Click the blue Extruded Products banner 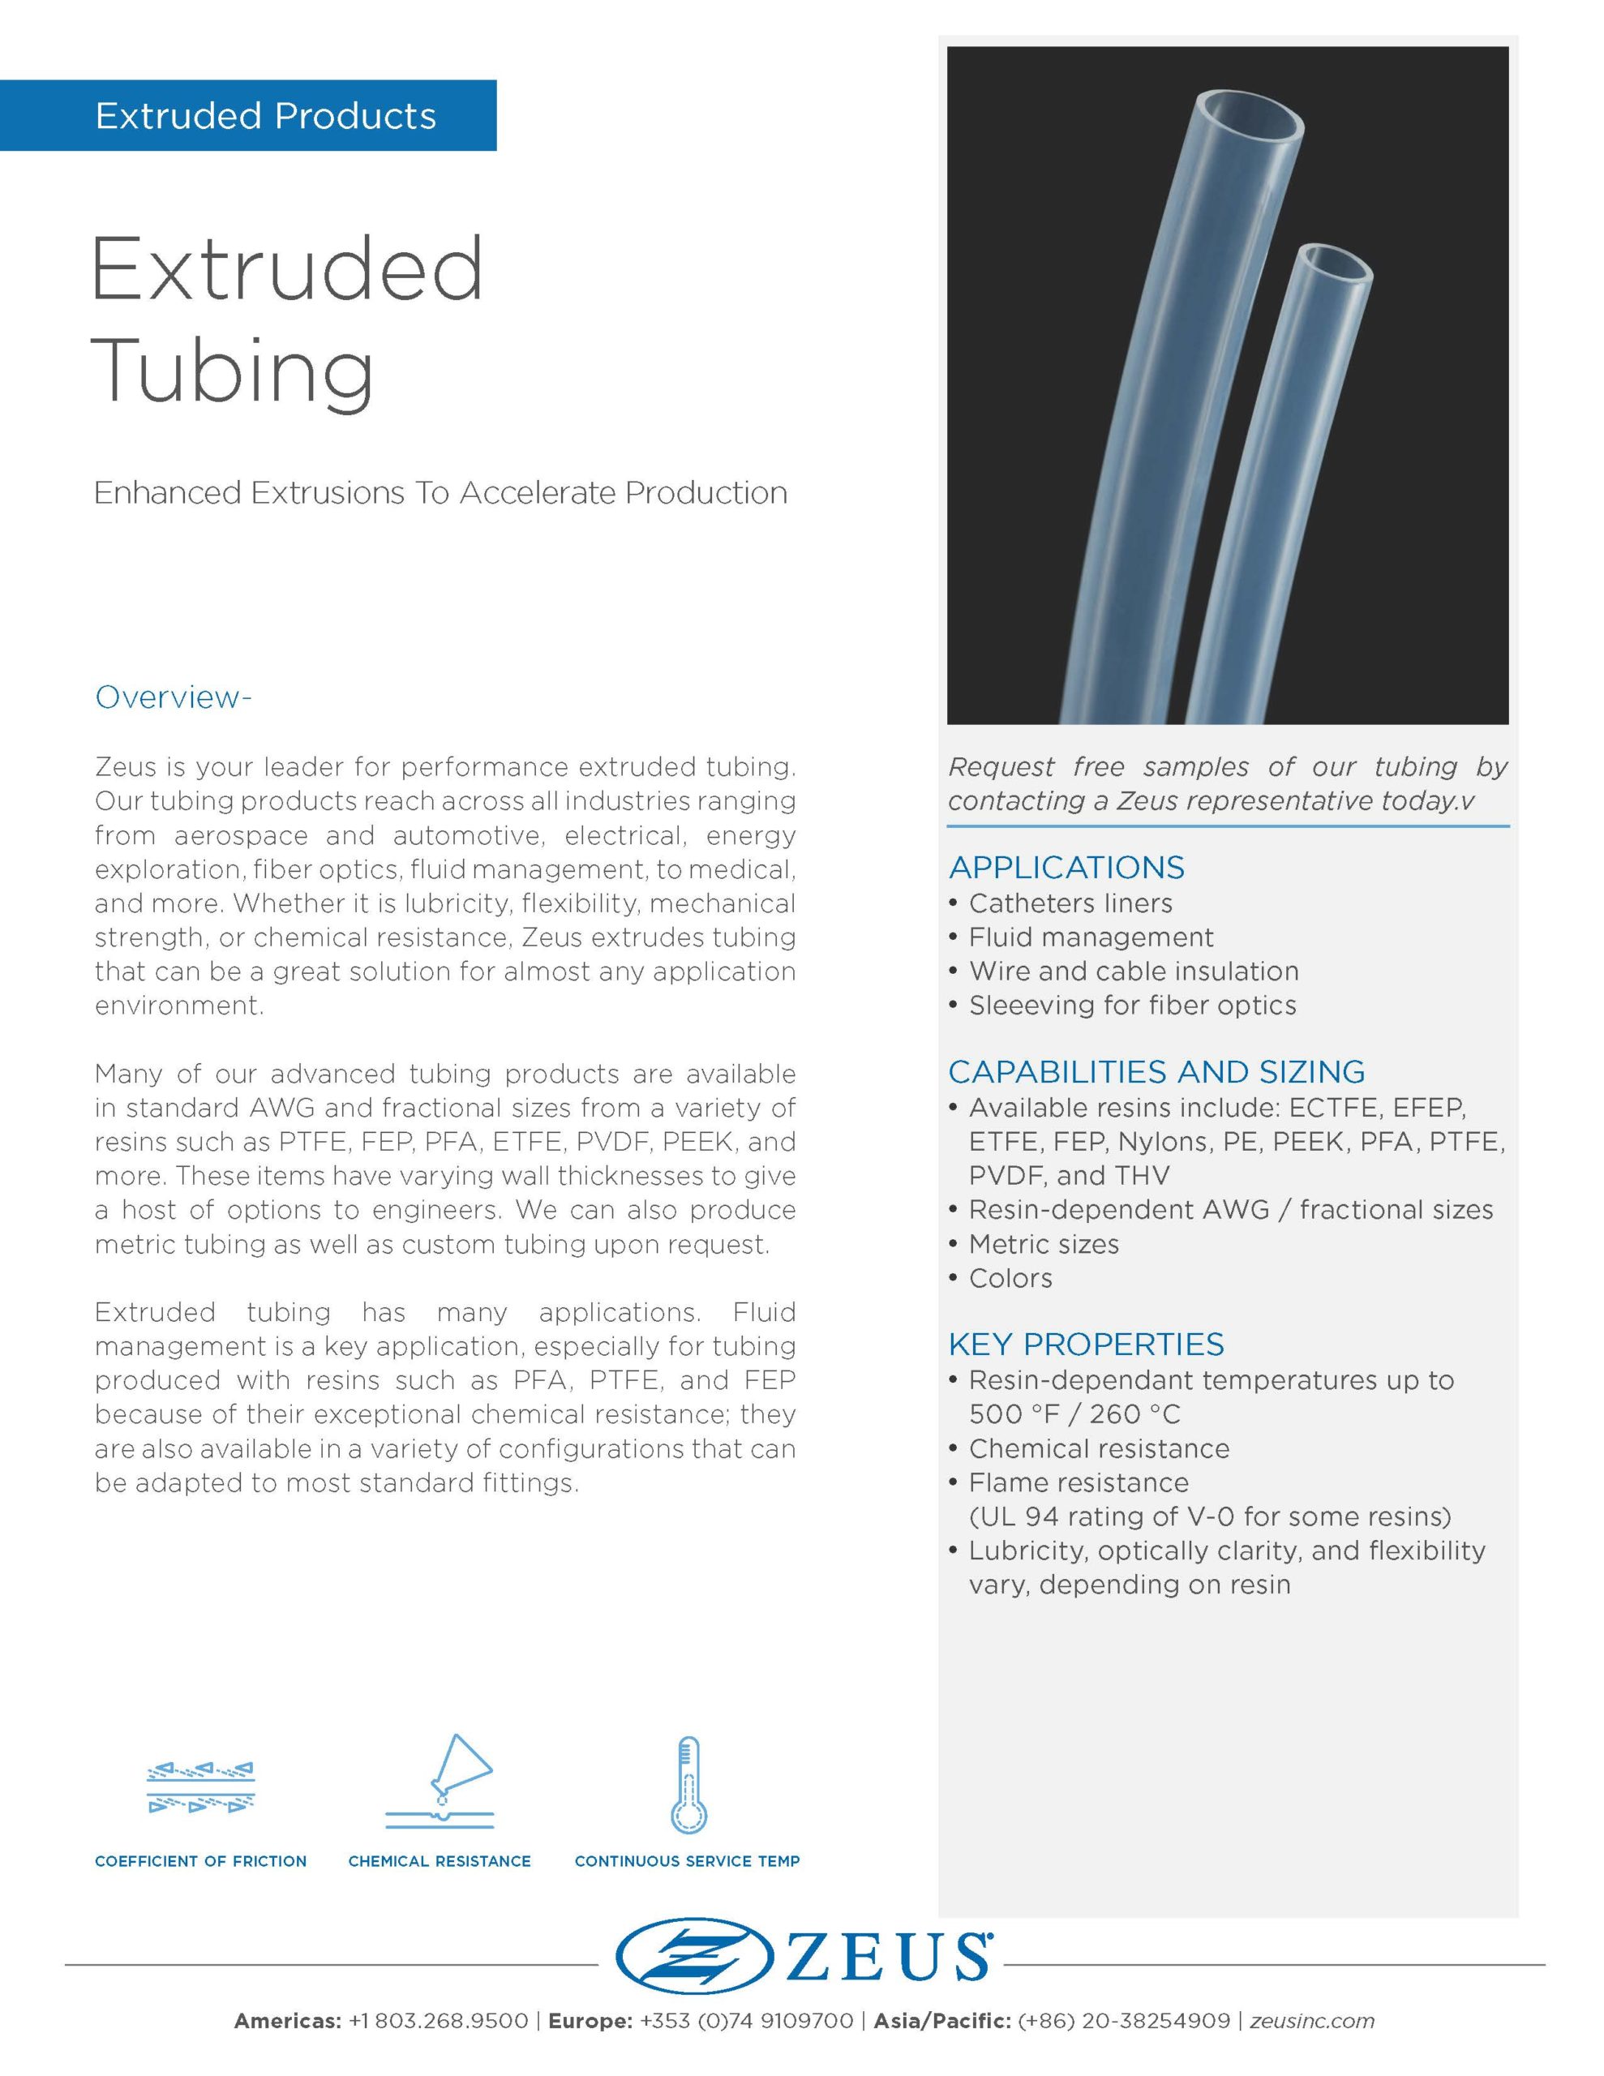(248, 115)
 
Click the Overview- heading (173, 697)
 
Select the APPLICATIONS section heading (1066, 867)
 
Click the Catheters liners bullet (1070, 903)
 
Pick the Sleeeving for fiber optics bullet (1131, 1005)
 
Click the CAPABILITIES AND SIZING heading (1156, 1071)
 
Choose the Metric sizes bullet (1043, 1243)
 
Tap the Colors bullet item (1010, 1277)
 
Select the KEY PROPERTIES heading (1086, 1344)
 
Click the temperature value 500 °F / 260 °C (1074, 1414)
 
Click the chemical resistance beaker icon (440, 1780)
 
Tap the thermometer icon (688, 1784)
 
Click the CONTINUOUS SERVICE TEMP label (688, 1861)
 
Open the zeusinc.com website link (1312, 2021)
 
